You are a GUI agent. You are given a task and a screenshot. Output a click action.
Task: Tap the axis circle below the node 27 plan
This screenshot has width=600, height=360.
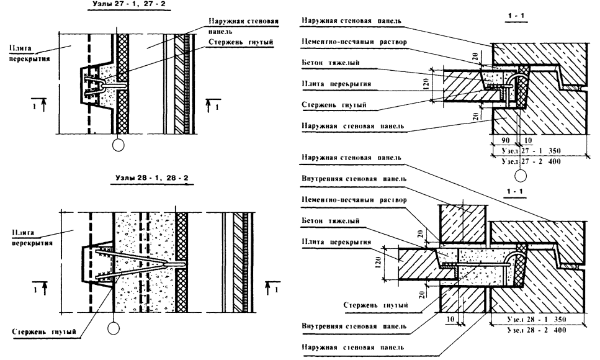tap(119, 146)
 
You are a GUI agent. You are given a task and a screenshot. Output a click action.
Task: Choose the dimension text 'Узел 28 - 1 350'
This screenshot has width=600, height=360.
tap(539, 319)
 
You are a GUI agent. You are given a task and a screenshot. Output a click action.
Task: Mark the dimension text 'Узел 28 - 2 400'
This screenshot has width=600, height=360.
tap(539, 328)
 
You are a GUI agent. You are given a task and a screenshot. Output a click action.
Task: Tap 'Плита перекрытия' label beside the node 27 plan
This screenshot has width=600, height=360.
tap(22, 49)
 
